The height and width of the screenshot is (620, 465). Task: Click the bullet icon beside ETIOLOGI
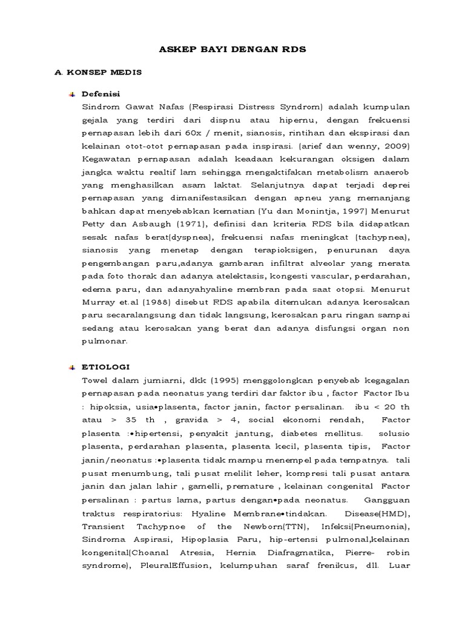coord(71,367)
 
